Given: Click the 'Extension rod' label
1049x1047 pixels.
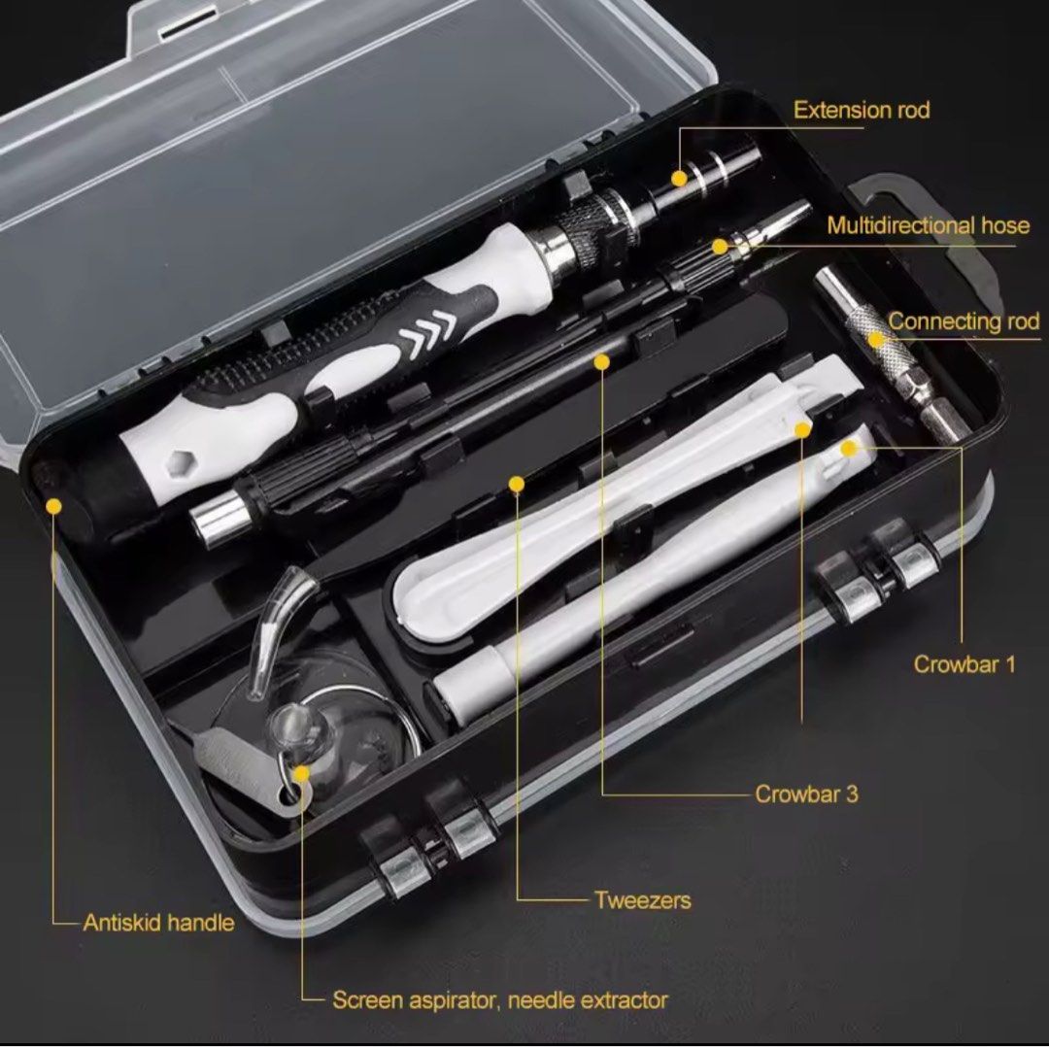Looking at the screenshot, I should click(x=861, y=110).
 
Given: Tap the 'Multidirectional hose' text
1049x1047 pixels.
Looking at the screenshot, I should click(x=928, y=225).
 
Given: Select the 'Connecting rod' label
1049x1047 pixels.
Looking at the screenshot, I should click(x=964, y=321).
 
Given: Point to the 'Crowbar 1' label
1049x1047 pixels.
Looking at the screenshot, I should click(x=964, y=664).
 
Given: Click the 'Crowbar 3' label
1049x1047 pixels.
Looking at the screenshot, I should click(x=806, y=794).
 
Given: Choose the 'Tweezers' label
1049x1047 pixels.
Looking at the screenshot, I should click(x=642, y=899).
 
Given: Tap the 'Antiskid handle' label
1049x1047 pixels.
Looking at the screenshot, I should click(x=158, y=922).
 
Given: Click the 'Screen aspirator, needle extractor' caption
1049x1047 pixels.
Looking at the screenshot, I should click(x=500, y=999).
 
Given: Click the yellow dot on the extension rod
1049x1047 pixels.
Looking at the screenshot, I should click(x=680, y=179).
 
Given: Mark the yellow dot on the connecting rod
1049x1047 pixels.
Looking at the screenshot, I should click(x=877, y=339).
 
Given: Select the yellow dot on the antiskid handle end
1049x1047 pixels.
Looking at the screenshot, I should click(x=54, y=506).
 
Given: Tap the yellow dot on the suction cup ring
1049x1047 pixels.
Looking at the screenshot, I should click(x=301, y=774).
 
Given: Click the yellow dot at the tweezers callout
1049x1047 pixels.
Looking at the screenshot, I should click(x=517, y=483).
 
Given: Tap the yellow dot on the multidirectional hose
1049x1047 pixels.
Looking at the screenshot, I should click(x=720, y=247).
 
